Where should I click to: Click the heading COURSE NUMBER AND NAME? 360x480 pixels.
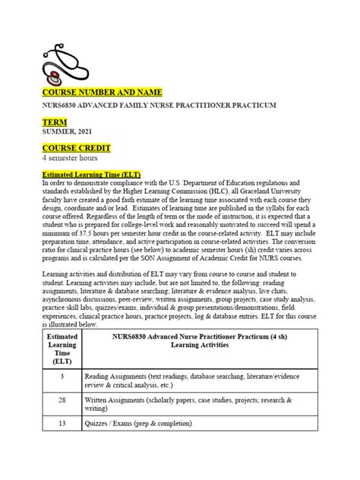click(x=95, y=93)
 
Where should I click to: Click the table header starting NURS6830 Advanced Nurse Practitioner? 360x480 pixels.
click(x=191, y=340)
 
